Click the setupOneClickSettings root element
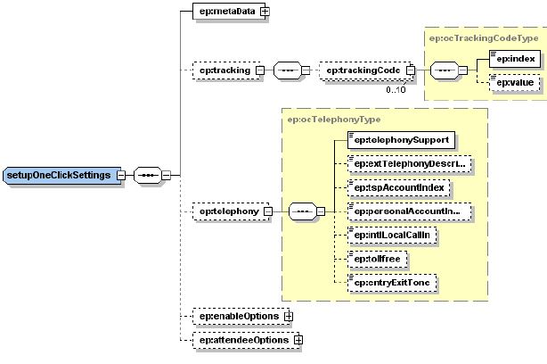coord(61,175)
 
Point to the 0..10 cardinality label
coord(396,89)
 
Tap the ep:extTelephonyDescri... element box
coord(407,164)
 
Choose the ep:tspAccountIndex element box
coord(397,188)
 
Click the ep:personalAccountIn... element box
coord(407,211)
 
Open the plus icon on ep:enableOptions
coord(288,317)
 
